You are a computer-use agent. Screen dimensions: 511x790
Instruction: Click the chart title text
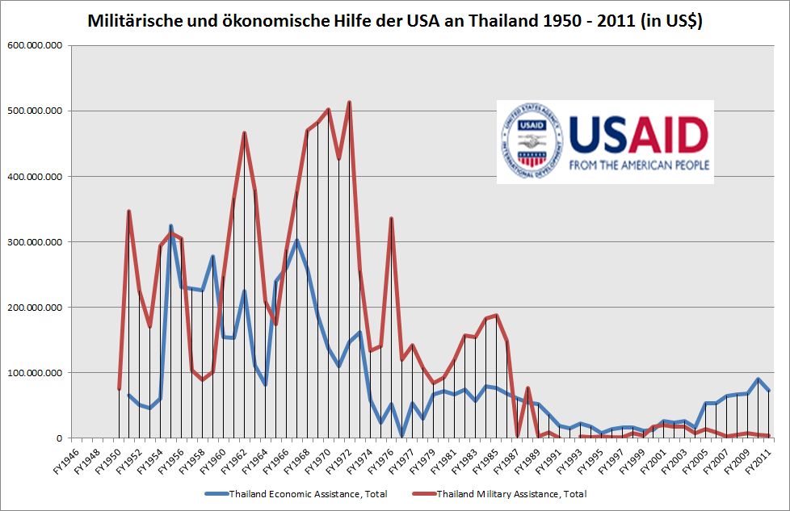(395, 23)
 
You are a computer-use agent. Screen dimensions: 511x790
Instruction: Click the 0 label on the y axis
(58, 438)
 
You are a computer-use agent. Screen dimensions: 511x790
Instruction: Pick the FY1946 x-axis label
(66, 457)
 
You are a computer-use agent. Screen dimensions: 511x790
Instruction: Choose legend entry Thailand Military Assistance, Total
(511, 493)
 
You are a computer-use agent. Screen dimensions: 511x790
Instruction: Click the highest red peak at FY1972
(349, 102)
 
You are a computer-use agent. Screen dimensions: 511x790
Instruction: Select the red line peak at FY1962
(244, 132)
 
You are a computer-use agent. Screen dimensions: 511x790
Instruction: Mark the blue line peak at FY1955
(170, 226)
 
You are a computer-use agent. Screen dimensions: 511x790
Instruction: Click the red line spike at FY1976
(391, 218)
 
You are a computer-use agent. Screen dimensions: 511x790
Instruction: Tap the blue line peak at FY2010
(758, 379)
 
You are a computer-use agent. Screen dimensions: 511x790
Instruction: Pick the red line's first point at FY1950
(119, 389)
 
